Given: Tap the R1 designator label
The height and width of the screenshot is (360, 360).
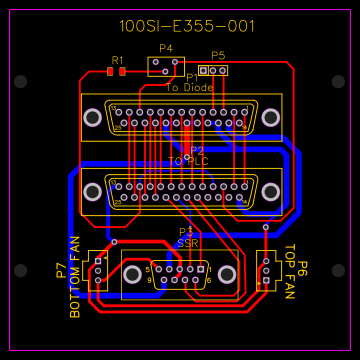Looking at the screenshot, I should [x=117, y=60].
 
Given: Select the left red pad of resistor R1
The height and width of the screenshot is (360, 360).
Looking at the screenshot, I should [x=110, y=72].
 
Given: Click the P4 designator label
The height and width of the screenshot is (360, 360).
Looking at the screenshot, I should [x=165, y=48].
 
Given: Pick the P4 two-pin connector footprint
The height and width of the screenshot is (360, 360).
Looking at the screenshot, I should [x=160, y=66].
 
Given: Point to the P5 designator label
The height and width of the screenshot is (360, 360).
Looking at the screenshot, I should [x=218, y=56].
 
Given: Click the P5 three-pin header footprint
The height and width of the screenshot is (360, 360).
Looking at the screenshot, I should [x=213, y=70].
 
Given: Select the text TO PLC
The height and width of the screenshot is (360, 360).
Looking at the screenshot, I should [x=188, y=161].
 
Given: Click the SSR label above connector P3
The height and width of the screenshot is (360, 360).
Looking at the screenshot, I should [x=187, y=242].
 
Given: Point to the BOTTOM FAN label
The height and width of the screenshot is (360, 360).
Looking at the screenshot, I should [x=74, y=277].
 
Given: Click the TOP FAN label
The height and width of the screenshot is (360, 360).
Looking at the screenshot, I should [x=290, y=272].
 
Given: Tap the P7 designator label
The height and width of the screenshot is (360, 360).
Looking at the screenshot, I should [x=61, y=270].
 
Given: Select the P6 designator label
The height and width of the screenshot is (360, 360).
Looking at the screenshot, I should [x=302, y=269].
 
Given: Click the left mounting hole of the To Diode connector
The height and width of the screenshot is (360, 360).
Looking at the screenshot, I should [x=92, y=118].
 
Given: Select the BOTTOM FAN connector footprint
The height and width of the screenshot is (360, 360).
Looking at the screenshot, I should [x=99, y=271].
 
